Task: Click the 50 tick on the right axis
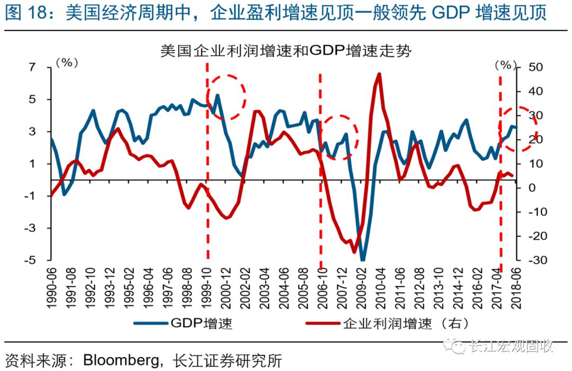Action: click(x=534, y=67)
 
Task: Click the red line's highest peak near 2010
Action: click(x=379, y=74)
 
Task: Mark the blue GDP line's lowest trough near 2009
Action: click(x=363, y=259)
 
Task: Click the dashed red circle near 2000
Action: click(x=226, y=97)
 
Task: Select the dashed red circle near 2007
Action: click(x=339, y=137)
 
